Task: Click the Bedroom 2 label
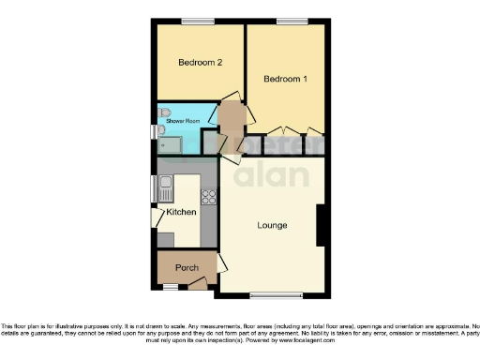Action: [x=200, y=63]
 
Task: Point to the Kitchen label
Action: [x=181, y=213]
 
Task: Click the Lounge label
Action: [x=272, y=226]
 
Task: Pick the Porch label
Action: [x=187, y=268]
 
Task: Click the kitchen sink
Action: [x=165, y=187]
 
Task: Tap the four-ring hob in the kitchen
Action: [x=208, y=197]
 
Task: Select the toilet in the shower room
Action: [x=162, y=113]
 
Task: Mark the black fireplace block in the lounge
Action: [x=322, y=225]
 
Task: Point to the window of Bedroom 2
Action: [x=197, y=21]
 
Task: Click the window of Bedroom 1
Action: [x=290, y=21]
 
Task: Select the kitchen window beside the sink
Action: [x=154, y=187]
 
